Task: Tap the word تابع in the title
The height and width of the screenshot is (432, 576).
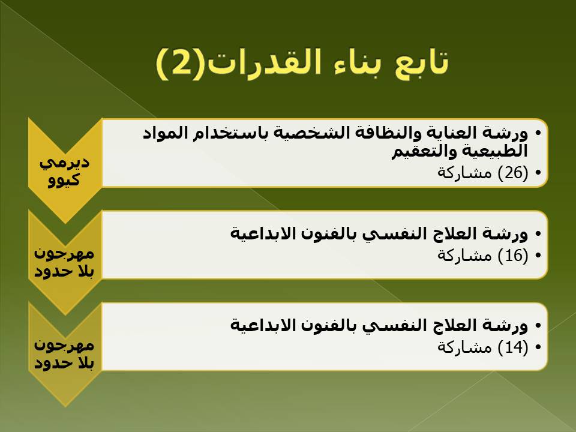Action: coord(421,62)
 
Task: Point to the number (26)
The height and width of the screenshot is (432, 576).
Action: coord(513,173)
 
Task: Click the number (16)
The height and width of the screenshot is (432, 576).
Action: coord(513,256)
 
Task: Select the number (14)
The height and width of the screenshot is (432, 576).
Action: coord(513,347)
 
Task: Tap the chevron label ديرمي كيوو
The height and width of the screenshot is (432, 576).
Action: coord(65,171)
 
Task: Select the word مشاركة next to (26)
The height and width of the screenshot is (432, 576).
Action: coord(464,173)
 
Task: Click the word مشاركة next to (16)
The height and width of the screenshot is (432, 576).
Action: coord(464,256)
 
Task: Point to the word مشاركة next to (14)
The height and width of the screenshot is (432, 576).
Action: coord(464,347)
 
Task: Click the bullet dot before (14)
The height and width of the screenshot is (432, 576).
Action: coord(538,347)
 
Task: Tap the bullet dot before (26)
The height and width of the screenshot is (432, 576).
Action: coord(538,173)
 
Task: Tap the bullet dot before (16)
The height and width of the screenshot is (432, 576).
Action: coord(538,256)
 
